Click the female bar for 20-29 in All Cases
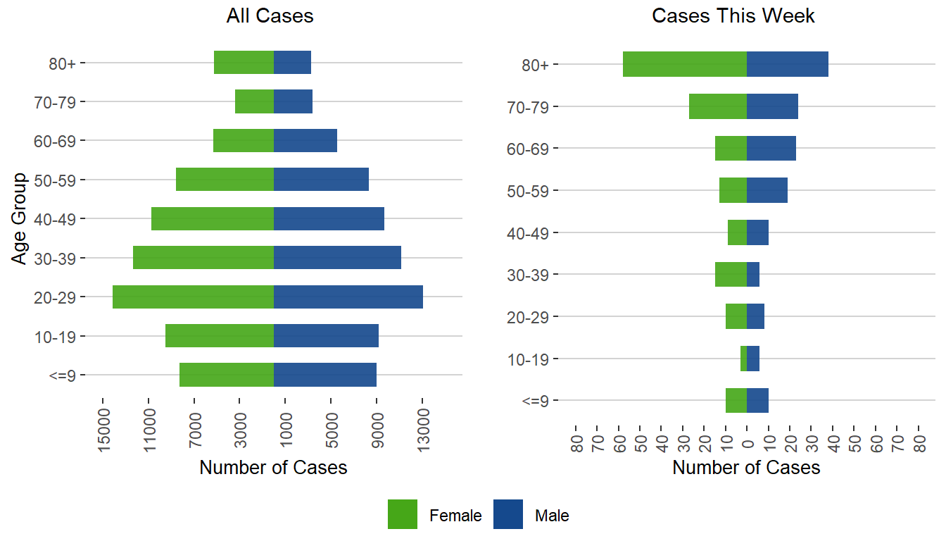click(193, 297)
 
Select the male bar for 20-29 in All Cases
click(348, 297)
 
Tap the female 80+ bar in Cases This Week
click(685, 64)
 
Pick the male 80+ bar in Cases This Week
click(788, 64)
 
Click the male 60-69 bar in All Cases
click(305, 140)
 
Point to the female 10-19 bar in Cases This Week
click(743, 359)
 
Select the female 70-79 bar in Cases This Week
click(718, 106)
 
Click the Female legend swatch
click(403, 514)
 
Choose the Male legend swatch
click(508, 514)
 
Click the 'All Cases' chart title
click(270, 16)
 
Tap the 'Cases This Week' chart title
click(733, 16)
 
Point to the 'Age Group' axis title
click(20, 218)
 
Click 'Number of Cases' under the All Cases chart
click(273, 468)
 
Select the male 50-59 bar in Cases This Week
click(767, 190)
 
